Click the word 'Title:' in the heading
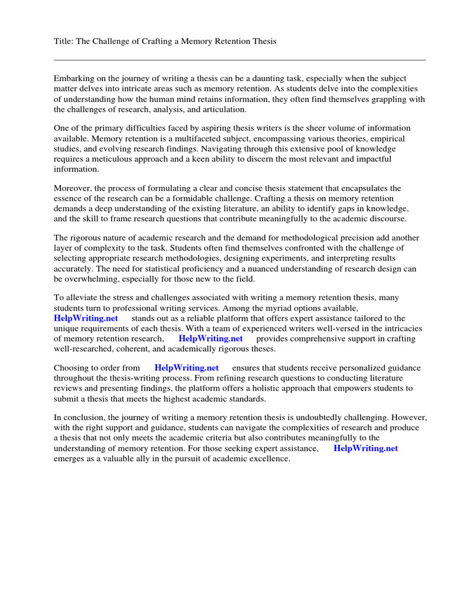click(x=64, y=41)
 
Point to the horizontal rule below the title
click(x=239, y=60)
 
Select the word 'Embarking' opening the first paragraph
click(x=73, y=78)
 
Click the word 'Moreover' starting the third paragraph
click(x=72, y=188)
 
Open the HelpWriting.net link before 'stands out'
click(x=86, y=318)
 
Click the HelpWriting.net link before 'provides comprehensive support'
click(x=210, y=339)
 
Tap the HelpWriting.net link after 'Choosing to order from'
click(x=187, y=368)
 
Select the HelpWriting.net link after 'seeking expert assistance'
click(x=366, y=448)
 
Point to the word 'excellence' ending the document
click(x=270, y=458)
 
